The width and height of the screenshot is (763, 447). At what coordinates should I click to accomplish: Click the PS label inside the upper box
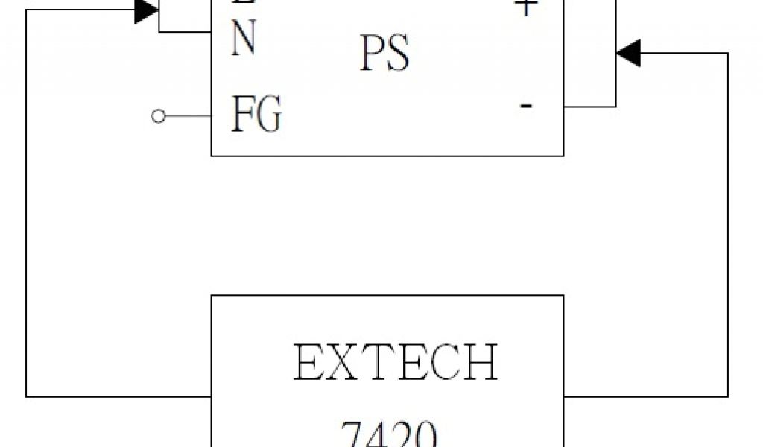[x=384, y=55]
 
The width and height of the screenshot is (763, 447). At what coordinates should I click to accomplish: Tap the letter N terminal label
[x=244, y=40]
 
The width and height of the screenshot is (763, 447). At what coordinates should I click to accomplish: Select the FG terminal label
[x=256, y=116]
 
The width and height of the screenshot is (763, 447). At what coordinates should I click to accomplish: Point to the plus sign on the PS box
[x=526, y=7]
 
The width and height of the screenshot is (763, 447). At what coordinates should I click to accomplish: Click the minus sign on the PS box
[x=526, y=106]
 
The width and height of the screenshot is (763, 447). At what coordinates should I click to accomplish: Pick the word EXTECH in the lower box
[x=396, y=364]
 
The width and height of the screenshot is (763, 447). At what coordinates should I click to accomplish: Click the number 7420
[x=387, y=434]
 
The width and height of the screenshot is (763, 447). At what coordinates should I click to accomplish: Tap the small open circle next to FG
[x=157, y=116]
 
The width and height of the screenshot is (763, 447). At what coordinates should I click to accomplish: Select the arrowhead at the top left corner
[x=147, y=10]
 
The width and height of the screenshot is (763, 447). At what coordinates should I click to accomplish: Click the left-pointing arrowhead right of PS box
[x=628, y=54]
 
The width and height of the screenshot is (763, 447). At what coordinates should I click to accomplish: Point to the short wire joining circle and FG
[x=186, y=116]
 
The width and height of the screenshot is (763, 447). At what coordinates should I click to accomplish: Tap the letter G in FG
[x=270, y=116]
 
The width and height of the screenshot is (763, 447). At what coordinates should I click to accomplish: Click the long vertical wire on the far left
[x=27, y=209]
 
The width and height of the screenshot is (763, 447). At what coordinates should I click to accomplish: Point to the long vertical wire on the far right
[x=727, y=223]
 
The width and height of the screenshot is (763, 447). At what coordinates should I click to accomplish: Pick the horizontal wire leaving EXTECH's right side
[x=645, y=396]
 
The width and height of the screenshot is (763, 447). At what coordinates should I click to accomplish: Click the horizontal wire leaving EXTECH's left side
[x=119, y=396]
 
